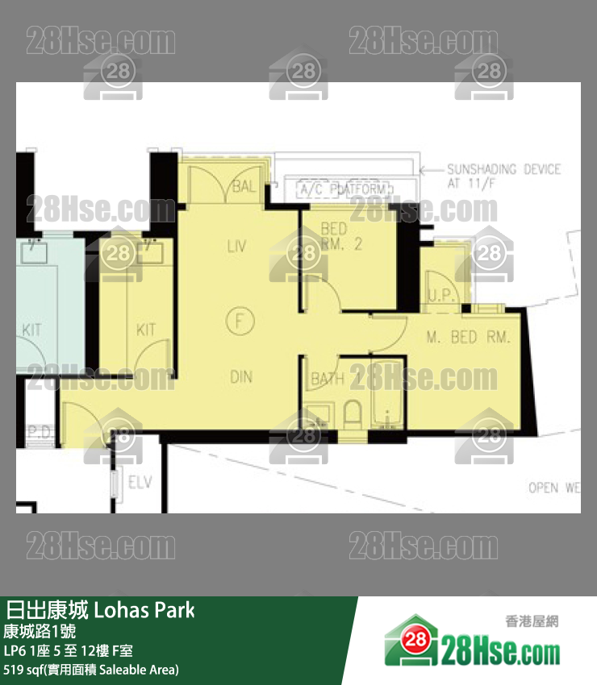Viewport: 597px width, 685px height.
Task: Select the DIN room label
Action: [x=240, y=376]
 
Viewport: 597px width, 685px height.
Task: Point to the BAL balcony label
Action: [x=242, y=188]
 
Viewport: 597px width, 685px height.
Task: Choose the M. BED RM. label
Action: [x=469, y=338]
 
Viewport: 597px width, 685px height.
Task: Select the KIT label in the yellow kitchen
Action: [x=146, y=330]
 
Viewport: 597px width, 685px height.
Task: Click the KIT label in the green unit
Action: [x=31, y=330]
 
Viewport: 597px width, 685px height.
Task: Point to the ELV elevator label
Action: [x=140, y=483]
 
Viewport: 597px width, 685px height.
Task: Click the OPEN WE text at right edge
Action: [x=554, y=488]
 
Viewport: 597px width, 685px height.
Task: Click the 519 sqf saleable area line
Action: [x=91, y=670]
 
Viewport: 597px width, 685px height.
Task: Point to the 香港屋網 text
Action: [x=531, y=621]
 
